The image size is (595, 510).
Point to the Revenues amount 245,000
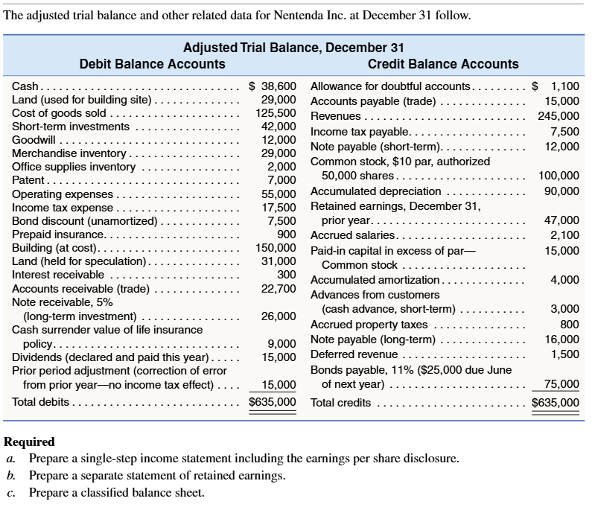point(559,115)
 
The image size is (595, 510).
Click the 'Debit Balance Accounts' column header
point(152,64)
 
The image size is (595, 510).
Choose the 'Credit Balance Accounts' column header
point(443,64)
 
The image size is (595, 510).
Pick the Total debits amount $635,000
point(273,402)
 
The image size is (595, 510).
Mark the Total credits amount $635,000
point(556,403)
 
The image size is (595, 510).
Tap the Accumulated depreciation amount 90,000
point(561,191)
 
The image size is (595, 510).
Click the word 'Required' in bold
point(29,442)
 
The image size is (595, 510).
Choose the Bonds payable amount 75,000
point(561,384)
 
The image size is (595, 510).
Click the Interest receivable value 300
point(287,274)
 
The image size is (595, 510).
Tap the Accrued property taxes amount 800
point(569,324)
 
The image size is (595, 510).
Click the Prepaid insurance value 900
point(287,234)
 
